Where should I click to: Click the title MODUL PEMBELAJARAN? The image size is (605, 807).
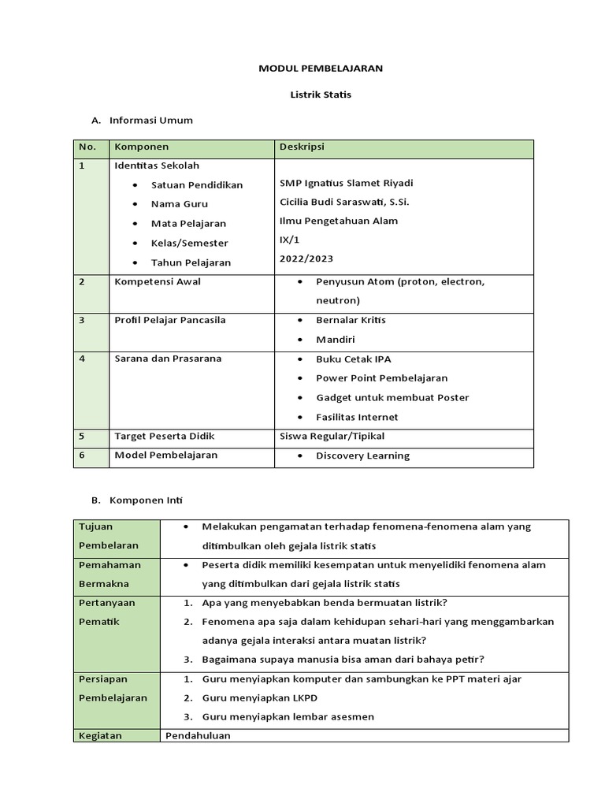pos(321,69)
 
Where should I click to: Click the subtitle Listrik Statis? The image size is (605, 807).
pos(321,95)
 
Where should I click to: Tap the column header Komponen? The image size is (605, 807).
pos(142,147)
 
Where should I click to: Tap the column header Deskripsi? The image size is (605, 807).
pos(302,147)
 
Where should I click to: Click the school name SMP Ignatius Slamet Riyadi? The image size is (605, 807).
pos(346,183)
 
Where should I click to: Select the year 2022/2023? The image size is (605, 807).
pos(306,258)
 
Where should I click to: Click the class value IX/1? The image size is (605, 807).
pos(290,240)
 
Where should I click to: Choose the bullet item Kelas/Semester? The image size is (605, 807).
pos(189,244)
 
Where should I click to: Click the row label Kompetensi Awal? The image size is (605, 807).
pos(158,281)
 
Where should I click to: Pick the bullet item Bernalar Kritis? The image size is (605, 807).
pos(351,320)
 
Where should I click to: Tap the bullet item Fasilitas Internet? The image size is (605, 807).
pos(357,417)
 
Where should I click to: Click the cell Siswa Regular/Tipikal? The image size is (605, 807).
pos(332,436)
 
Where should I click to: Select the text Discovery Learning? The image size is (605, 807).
pos(362,456)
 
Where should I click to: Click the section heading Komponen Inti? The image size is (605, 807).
pos(147,500)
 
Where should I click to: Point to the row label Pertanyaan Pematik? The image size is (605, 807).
pos(106,612)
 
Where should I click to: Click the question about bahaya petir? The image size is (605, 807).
pos(343,659)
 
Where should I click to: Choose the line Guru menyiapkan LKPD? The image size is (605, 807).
pos(260,697)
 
